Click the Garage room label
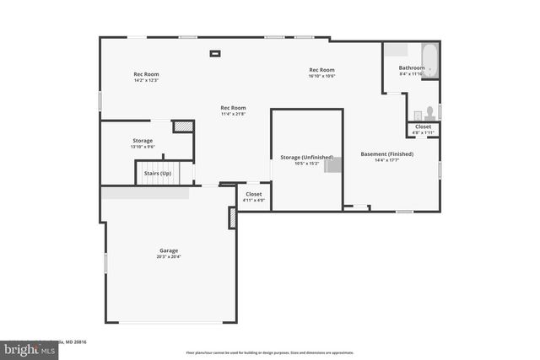[169, 250]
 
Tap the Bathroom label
[412, 67]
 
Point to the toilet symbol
[429, 111]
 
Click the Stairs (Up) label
[157, 174]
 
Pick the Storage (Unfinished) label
[306, 157]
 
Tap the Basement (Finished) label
[387, 154]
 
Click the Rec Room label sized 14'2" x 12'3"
[146, 74]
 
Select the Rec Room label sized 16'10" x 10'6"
[321, 70]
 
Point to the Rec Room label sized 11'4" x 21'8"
[233, 108]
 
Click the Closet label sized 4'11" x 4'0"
[253, 194]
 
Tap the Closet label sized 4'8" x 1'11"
[423, 126]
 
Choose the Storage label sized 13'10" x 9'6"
[143, 140]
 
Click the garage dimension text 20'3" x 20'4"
[169, 256]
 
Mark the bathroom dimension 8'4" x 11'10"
[412, 74]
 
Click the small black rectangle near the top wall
[215, 54]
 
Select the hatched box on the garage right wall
[232, 218]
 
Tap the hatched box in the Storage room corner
[183, 126]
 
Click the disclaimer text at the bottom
[269, 352]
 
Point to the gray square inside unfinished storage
[332, 164]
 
